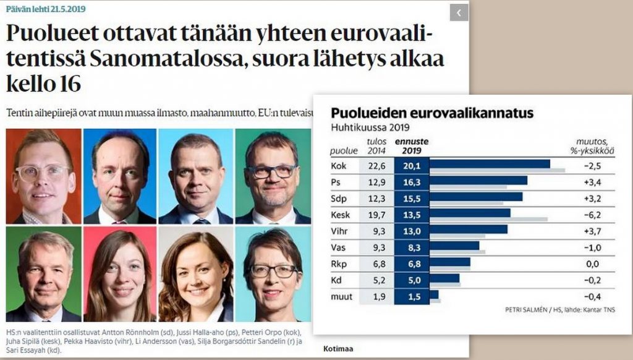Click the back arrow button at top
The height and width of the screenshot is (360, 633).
459,12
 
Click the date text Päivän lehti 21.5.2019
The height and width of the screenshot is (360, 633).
46,9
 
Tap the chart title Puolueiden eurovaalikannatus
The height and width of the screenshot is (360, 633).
432,113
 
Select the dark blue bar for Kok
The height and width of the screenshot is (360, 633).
489,164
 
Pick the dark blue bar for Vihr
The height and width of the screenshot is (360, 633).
468,229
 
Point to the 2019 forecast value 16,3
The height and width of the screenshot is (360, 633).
411,181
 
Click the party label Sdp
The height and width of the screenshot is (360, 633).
341,197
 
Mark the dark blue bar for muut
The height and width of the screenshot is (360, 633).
433,296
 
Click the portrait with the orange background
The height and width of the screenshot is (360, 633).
43,176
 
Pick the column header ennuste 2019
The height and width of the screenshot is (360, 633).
412,146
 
